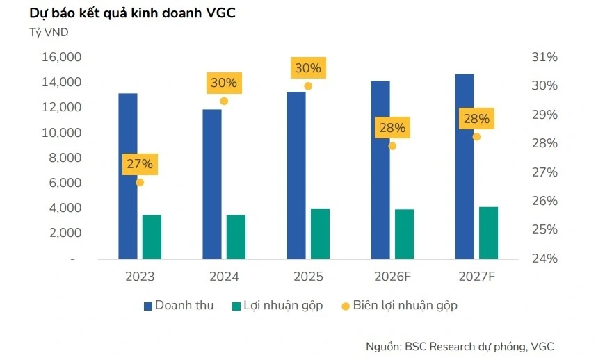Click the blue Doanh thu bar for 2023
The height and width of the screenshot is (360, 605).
[127, 176]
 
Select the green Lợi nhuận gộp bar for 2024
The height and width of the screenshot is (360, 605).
[236, 236]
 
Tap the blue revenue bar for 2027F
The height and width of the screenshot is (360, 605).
[465, 166]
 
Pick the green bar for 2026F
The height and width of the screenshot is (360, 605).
[404, 234]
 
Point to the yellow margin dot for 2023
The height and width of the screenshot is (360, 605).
[140, 182]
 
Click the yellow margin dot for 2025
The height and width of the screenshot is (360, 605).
[308, 86]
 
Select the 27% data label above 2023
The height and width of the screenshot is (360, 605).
[139, 165]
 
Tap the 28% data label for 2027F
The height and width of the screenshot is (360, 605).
[476, 119]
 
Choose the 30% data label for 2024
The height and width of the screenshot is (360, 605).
[223, 83]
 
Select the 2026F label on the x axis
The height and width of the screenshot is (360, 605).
[392, 277]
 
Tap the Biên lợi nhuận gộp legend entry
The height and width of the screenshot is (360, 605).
[398, 305]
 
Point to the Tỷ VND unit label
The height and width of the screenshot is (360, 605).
[49, 33]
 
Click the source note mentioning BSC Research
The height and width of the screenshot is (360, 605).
[460, 346]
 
